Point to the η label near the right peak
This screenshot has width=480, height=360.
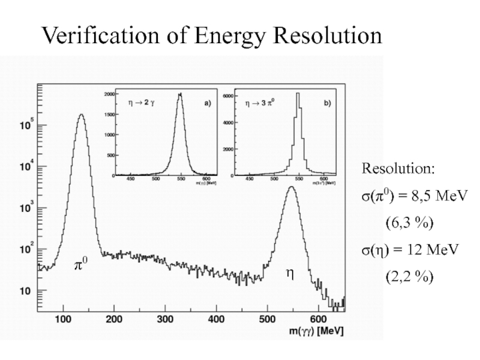tap(290, 273)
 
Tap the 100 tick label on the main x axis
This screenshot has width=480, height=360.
tap(64, 319)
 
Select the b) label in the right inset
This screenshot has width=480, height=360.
tap(326, 103)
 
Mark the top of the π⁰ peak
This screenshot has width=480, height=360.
tap(82, 115)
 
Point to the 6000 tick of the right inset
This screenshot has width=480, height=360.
tap(228, 96)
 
